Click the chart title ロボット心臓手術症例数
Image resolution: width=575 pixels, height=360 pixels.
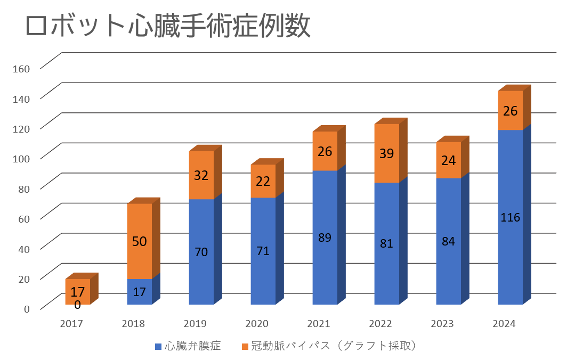tap(168, 27)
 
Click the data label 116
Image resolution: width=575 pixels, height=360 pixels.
tap(510, 217)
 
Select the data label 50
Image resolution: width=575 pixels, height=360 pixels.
tap(139, 241)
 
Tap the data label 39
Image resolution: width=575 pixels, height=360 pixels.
tap(386, 153)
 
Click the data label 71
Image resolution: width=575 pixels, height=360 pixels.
tap(263, 251)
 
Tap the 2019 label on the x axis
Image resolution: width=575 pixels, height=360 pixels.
tap(201, 323)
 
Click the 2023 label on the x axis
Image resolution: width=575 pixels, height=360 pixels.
tap(448, 323)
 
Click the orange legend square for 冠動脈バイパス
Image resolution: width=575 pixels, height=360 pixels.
tap(245, 347)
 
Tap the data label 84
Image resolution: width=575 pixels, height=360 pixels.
tap(448, 241)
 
